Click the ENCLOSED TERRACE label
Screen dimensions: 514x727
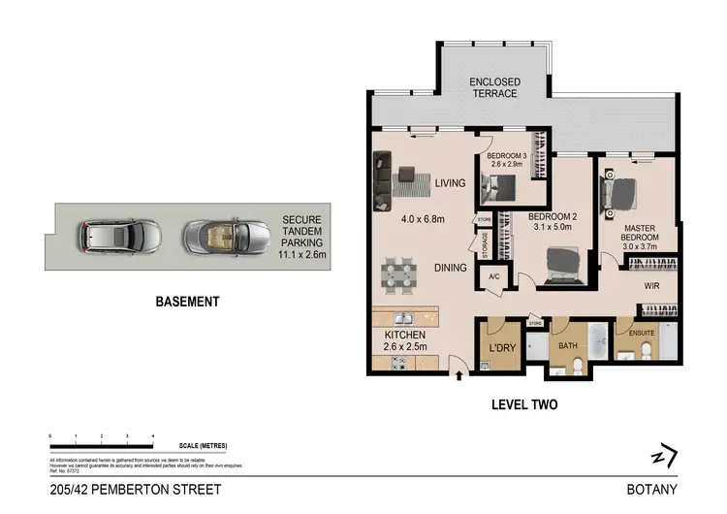pos(493,86)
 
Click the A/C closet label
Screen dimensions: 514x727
pos(492,276)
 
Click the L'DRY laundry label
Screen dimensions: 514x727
pos(501,346)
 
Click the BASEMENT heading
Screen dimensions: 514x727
pos(187,302)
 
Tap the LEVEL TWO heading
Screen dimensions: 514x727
pos(524,404)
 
